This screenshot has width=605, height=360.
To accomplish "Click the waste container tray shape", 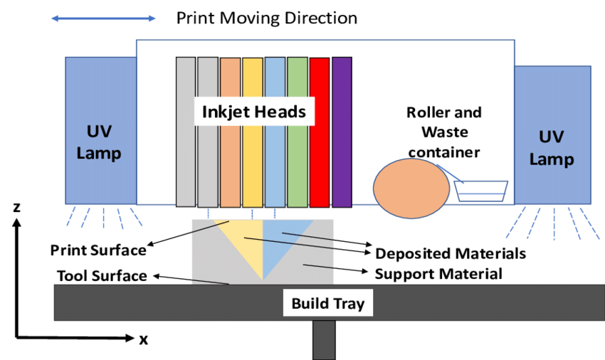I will [481, 191].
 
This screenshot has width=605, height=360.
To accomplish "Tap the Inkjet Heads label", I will [253, 112].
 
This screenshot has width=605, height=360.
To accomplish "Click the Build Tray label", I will [327, 304].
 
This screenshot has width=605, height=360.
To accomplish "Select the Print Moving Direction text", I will [267, 18].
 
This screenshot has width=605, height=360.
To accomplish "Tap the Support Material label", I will [438, 273].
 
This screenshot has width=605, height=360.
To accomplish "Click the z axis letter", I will [16, 207].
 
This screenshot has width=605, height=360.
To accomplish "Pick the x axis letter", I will [144, 339].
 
